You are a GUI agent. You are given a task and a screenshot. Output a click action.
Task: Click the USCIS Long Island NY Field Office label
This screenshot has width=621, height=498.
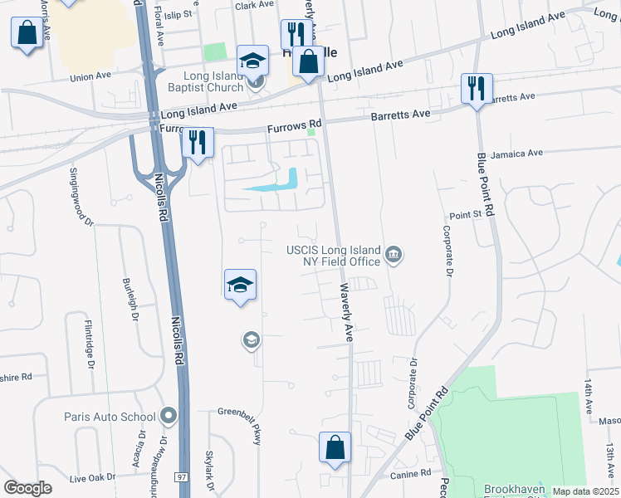tap(334, 256)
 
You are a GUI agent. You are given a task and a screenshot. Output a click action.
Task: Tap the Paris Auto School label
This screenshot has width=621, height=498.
tap(110, 417)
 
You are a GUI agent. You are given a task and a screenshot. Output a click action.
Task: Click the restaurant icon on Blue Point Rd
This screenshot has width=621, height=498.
tap(477, 88)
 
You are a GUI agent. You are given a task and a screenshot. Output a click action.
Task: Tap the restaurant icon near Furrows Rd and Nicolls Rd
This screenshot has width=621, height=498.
tap(197, 142)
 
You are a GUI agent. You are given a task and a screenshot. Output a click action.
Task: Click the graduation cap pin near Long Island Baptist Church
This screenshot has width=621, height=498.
tap(252, 60)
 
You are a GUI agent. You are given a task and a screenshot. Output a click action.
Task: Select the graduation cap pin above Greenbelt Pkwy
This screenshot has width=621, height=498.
tap(240, 285)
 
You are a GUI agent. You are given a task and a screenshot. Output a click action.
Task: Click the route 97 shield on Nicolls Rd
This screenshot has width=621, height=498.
tap(181, 477)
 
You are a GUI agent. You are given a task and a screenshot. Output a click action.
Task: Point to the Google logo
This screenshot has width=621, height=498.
tap(28, 488)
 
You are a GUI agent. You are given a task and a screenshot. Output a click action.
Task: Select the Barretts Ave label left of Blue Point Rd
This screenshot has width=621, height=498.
tap(400, 114)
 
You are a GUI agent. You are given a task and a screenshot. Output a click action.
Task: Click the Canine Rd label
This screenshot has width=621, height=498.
tap(413, 473)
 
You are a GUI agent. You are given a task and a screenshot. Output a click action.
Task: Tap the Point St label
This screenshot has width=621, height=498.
tap(466, 215)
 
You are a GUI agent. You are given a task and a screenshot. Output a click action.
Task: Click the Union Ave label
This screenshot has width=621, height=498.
tap(90, 77)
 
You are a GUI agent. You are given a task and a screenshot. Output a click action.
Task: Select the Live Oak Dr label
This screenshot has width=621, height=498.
tap(92, 478)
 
